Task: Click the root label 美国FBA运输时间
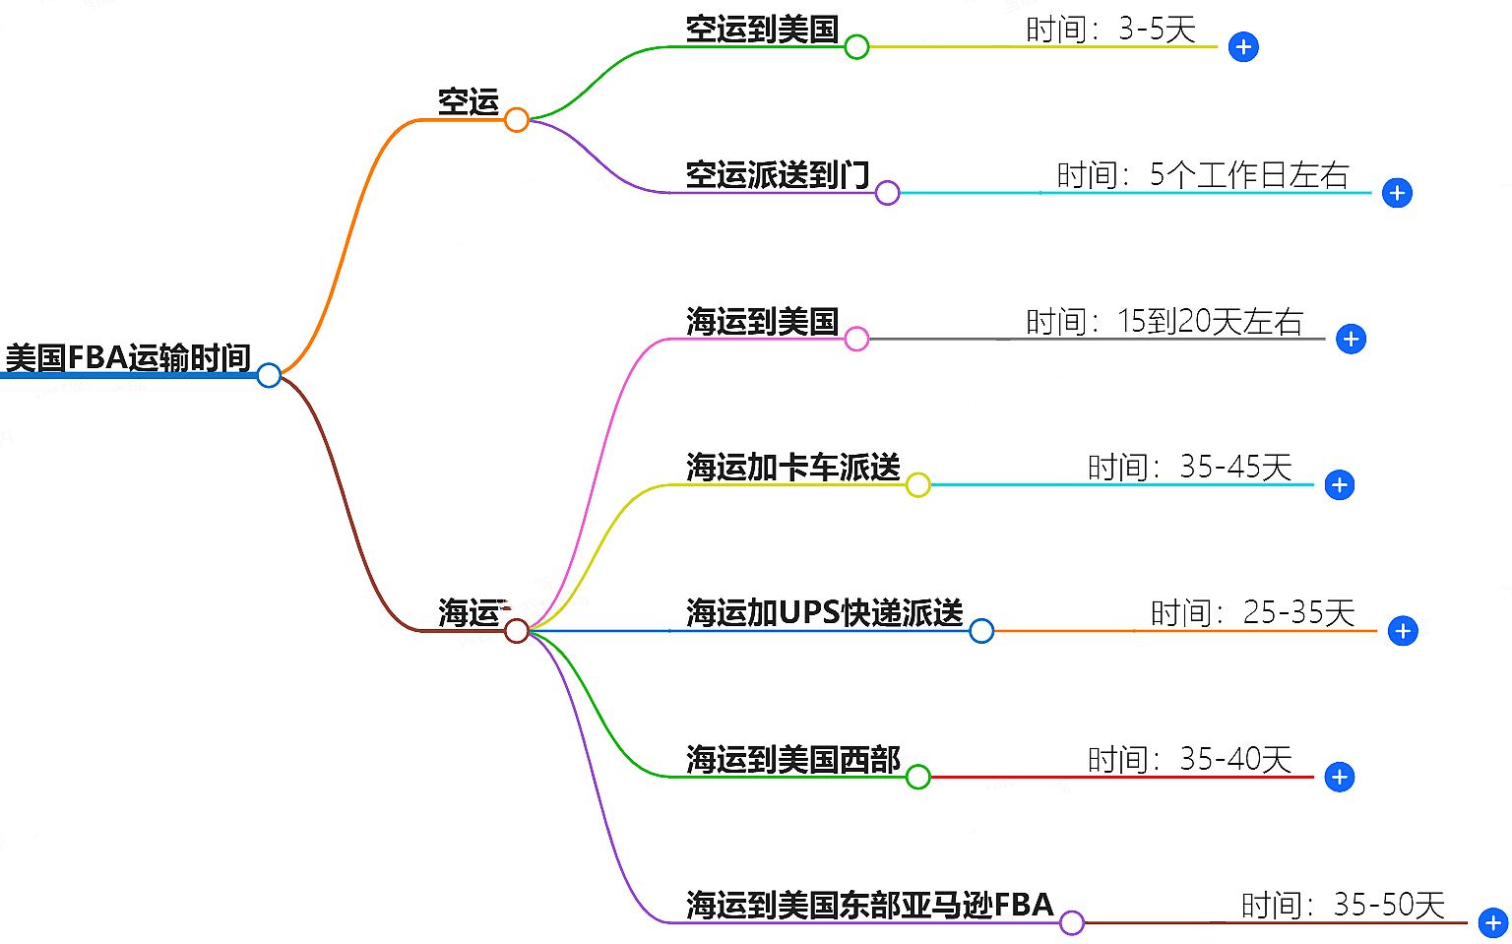pos(128,357)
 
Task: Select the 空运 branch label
pos(469,101)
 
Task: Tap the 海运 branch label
pos(469,612)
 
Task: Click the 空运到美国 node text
pos(762,30)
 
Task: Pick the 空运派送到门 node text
pos(778,175)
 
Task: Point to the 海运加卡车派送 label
pos(793,467)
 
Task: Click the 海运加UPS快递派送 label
pos(825,612)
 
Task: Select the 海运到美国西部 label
pos(793,759)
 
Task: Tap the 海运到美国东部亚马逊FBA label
pos(870,905)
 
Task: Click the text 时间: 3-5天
pos(1110,30)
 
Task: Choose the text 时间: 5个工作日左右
pos(1202,175)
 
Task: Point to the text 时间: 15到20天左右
pos(1165,321)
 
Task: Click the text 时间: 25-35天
pos(1252,612)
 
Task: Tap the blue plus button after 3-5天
pos(1243,47)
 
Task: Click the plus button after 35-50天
pos(1493,923)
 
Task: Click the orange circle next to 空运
pos(517,120)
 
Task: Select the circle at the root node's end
pos(269,375)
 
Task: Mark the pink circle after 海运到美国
pos(856,340)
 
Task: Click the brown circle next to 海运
pos(517,631)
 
